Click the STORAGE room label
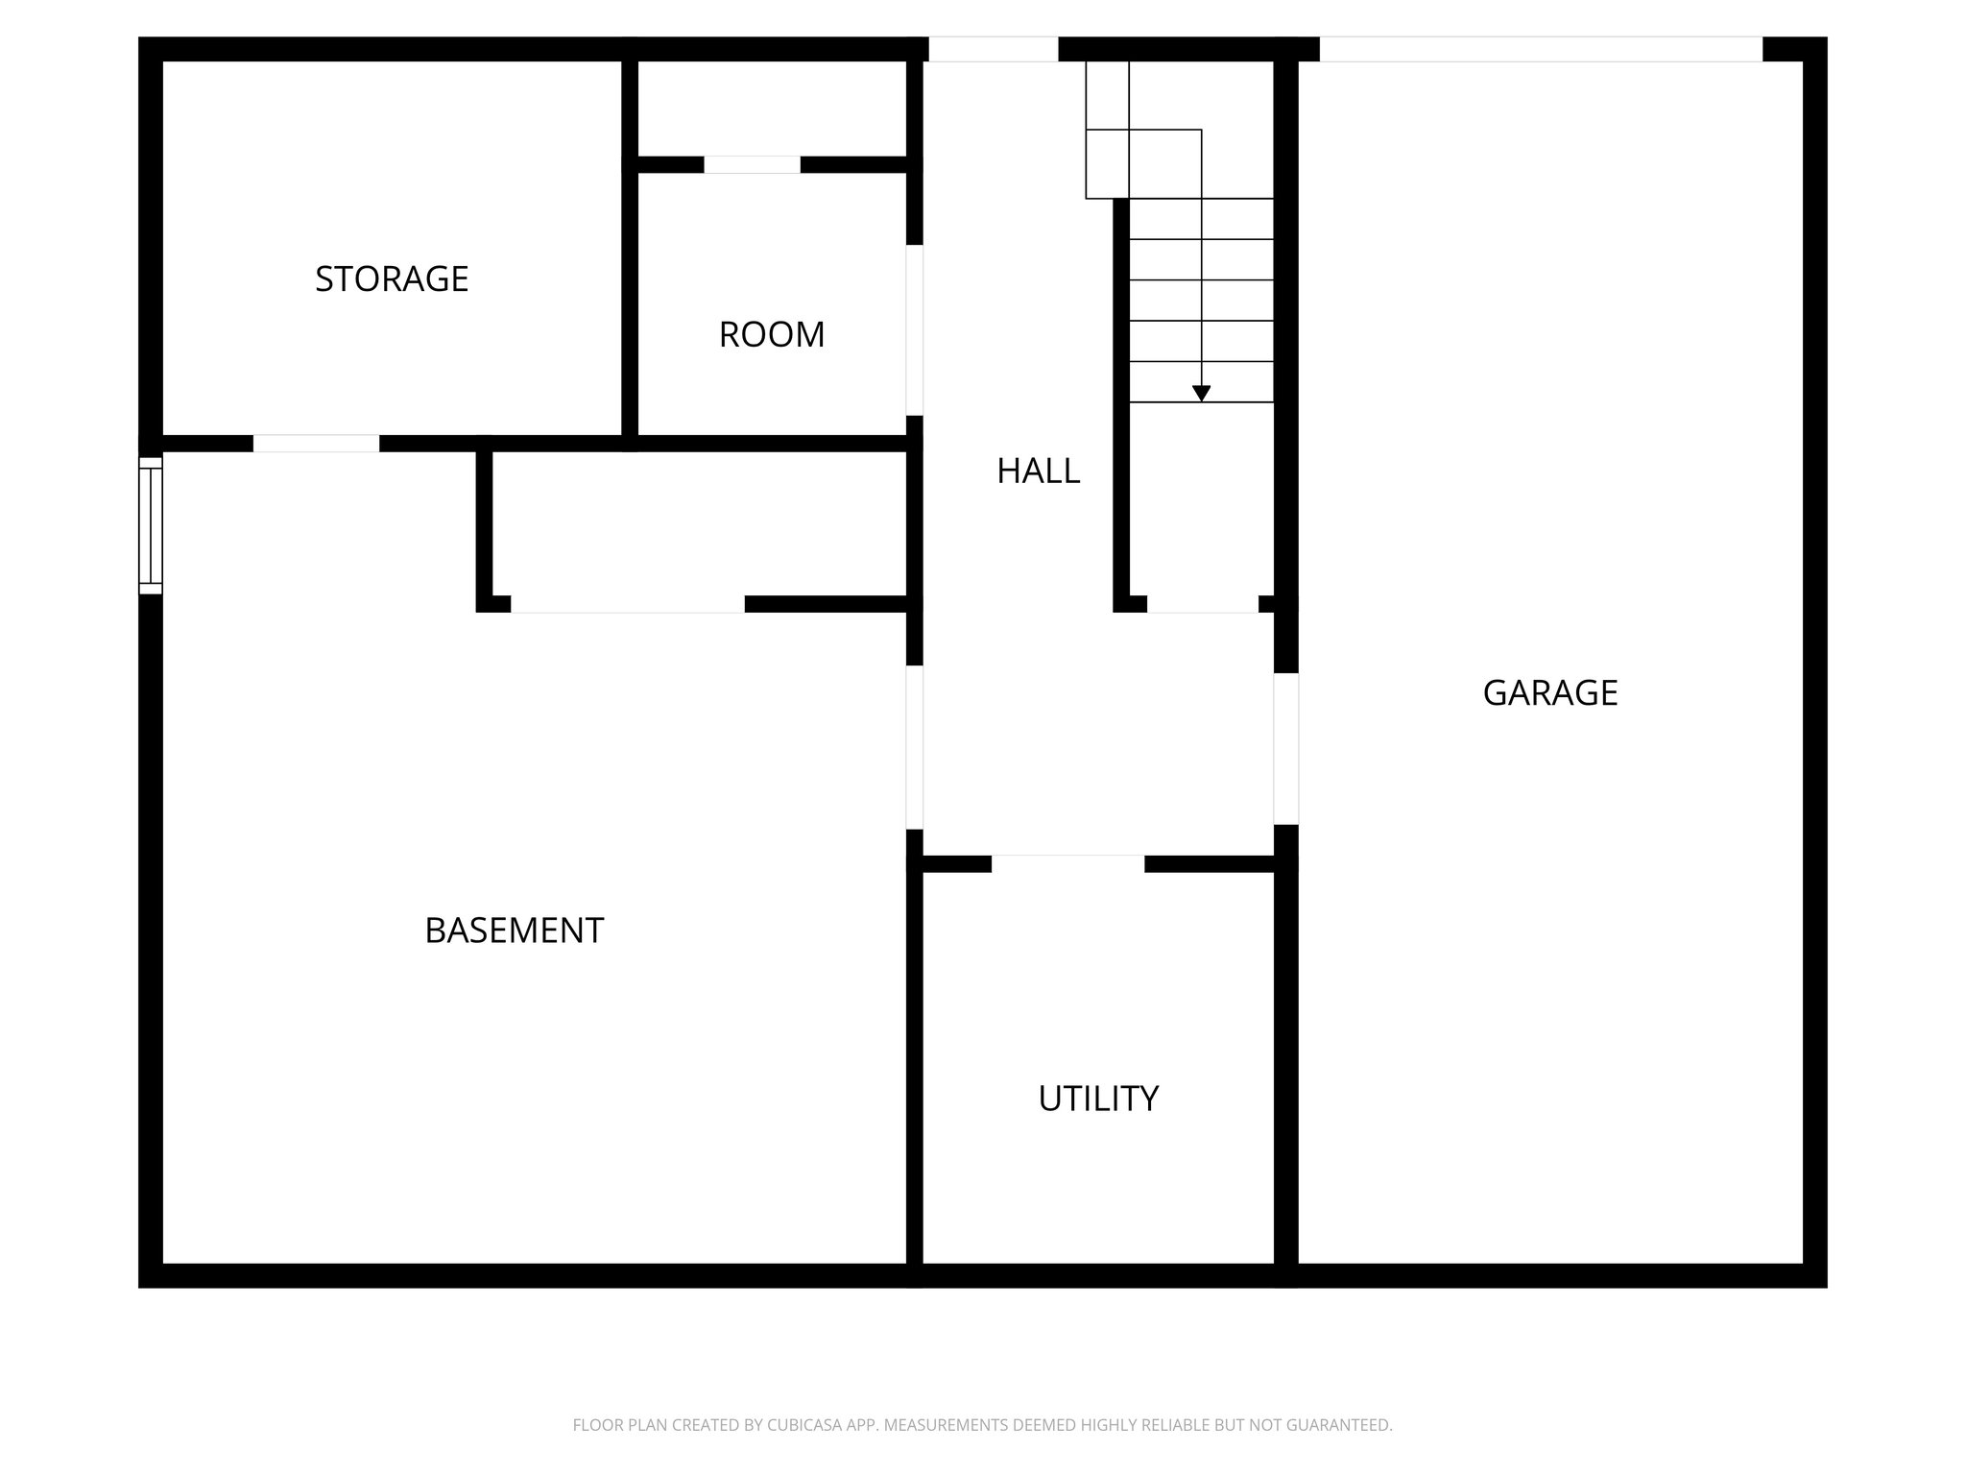[392, 279]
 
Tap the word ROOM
[772, 335]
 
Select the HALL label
[1038, 472]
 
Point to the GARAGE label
[1549, 693]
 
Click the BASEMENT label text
[514, 931]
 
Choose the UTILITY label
[1098, 1099]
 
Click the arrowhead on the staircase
[1201, 393]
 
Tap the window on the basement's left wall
[151, 525]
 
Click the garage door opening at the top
[1540, 49]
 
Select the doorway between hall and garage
[1286, 748]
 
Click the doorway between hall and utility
[1067, 863]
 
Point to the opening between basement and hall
[915, 747]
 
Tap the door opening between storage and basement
[316, 444]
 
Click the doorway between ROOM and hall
[915, 330]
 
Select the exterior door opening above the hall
[993, 49]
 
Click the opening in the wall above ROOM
[752, 165]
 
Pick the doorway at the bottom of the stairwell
[1202, 604]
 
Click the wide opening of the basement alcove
[627, 604]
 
